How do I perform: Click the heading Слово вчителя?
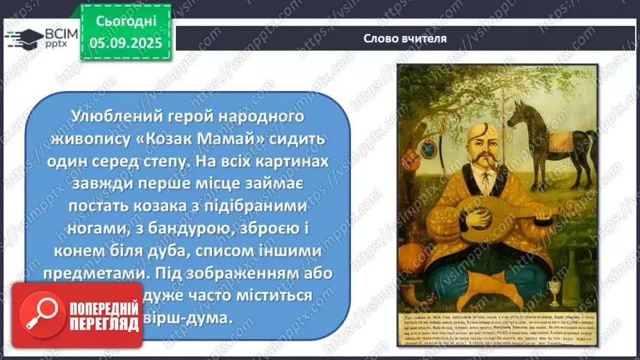(405, 38)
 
